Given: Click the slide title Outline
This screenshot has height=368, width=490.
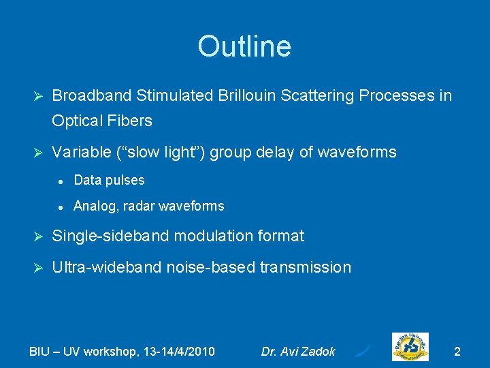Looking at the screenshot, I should [x=244, y=46].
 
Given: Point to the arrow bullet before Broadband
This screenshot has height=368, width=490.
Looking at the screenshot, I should [x=38, y=96].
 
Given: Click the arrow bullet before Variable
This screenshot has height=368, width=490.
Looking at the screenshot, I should [x=38, y=153].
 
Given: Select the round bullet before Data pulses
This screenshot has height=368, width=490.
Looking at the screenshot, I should [x=61, y=181].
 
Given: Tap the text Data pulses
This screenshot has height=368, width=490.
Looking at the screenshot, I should [x=109, y=181].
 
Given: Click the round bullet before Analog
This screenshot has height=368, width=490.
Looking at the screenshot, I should [x=61, y=206].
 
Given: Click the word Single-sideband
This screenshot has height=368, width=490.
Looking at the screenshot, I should [x=110, y=236].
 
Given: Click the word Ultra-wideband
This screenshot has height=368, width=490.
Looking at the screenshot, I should [x=105, y=267].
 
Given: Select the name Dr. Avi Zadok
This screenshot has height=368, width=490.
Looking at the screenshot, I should [x=298, y=352].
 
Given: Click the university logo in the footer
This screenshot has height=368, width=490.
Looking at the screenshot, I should [x=410, y=348].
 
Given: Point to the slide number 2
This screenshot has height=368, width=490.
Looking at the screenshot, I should [x=457, y=352].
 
